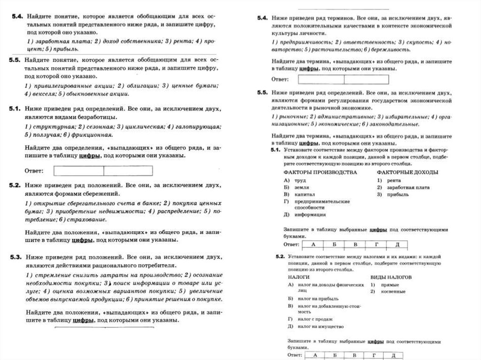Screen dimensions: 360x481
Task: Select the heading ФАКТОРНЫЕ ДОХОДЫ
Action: (x=408, y=172)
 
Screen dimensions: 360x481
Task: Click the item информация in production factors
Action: (x=310, y=214)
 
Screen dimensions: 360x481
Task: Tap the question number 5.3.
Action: (x=16, y=257)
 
